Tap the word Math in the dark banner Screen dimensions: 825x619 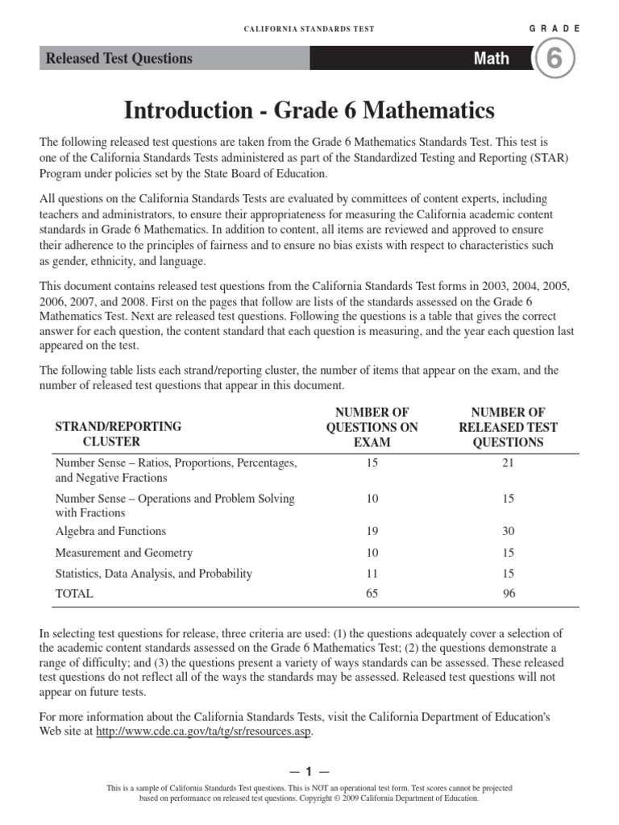[x=491, y=58]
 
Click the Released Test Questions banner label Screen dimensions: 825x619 [x=119, y=58]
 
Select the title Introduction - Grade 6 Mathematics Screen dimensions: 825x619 [x=309, y=110]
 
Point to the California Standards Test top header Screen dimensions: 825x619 [x=309, y=28]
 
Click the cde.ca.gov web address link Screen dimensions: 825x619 [x=203, y=732]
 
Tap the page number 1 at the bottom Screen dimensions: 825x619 [x=309, y=772]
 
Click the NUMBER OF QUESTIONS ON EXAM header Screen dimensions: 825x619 [x=372, y=427]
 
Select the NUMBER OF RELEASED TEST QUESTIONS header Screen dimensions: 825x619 [x=508, y=427]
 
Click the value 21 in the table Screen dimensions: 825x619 [x=508, y=463]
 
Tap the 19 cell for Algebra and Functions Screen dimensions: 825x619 [x=372, y=531]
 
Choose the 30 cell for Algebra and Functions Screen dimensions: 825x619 [x=508, y=531]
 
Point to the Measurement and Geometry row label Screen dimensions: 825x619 [x=123, y=553]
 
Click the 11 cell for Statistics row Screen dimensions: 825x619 [x=372, y=574]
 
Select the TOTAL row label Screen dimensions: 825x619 [x=74, y=594]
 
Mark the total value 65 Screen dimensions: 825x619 [x=372, y=594]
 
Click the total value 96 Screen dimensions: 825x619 [x=508, y=594]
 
